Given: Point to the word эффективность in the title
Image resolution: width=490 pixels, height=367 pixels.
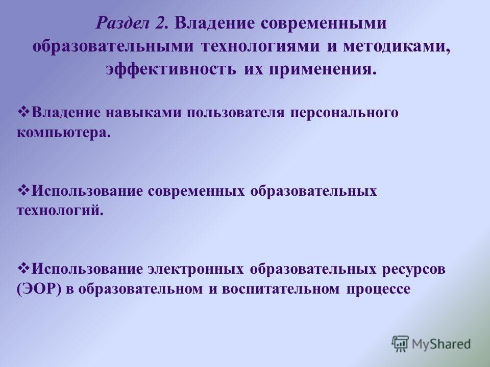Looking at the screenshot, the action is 171,69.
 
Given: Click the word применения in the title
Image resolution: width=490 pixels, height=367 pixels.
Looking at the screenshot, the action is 323,69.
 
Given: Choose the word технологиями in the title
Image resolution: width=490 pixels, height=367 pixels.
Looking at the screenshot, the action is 261,46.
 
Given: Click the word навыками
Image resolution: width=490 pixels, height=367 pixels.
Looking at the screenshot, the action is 143,112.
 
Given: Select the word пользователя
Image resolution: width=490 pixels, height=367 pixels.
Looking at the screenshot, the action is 236,113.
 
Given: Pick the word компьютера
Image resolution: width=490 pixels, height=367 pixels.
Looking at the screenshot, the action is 64,133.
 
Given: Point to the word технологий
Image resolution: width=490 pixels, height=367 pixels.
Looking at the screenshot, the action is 60,211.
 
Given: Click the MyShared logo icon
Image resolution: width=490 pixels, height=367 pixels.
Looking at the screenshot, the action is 400,344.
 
